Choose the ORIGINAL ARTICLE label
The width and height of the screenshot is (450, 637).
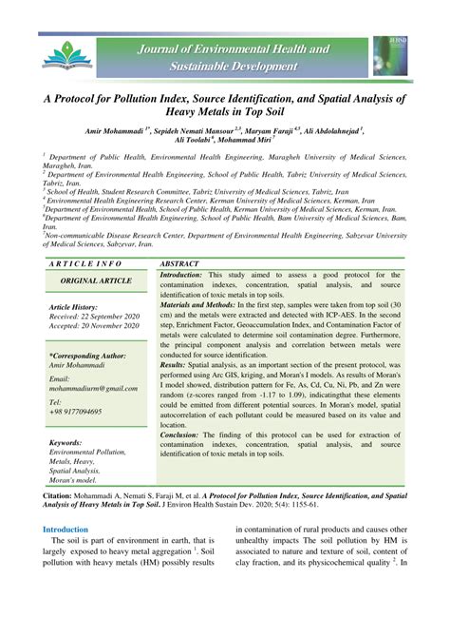coord(98,282)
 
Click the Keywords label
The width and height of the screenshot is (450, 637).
coord(66,443)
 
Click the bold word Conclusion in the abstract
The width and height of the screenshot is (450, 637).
coord(186,434)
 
